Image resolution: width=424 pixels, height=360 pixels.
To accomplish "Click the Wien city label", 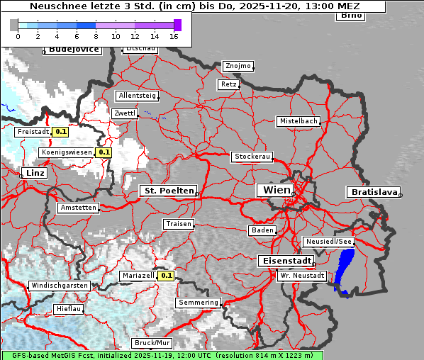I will [277, 190].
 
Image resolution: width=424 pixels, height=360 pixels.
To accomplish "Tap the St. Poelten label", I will [169, 191].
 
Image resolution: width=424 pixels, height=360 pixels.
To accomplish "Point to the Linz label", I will [33, 173].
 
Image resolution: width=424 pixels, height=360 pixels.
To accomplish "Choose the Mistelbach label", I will [298, 121].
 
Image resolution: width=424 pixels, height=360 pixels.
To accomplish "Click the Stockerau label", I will [252, 157].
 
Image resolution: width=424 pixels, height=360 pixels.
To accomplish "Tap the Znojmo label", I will [238, 66].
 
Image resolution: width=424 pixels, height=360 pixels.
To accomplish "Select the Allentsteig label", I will [138, 96].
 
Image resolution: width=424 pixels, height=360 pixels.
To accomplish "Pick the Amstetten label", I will [78, 208].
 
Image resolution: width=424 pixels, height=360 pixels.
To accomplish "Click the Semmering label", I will [199, 303].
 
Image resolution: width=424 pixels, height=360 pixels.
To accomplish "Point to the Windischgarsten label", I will [60, 286].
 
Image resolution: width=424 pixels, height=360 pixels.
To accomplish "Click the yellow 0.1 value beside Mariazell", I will [167, 276].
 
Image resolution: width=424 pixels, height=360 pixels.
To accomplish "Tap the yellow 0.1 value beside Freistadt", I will [61, 132].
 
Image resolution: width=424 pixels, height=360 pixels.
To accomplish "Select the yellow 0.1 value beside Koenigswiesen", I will [104, 152].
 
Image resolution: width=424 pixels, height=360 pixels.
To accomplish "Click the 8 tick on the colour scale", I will [96, 36].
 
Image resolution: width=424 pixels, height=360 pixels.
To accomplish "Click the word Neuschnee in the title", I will [54, 6].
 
